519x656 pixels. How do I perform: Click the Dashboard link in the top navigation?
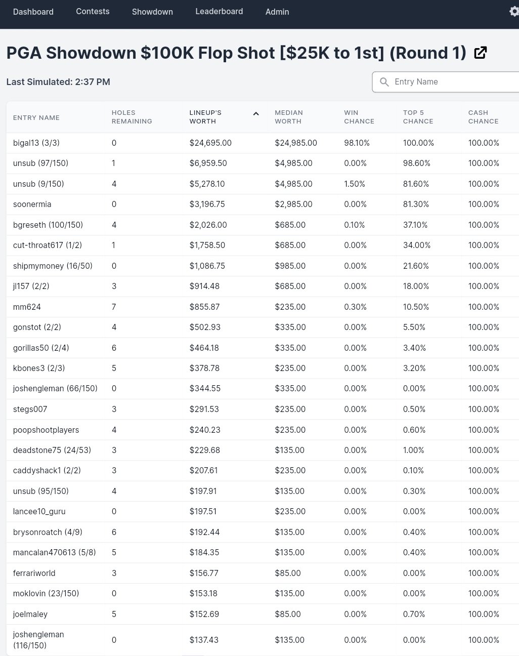tap(33, 12)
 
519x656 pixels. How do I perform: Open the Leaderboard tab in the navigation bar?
tap(219, 11)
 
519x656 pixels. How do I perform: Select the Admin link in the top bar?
tap(277, 12)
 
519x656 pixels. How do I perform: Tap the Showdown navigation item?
tap(152, 12)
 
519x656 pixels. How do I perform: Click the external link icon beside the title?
tap(480, 53)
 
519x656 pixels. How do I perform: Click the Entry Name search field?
tap(450, 82)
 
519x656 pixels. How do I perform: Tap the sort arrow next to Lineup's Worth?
tap(256, 114)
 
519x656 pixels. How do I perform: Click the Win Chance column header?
tap(359, 117)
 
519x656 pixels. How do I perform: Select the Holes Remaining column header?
tap(132, 117)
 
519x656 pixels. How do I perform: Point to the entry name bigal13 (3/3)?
tap(36, 143)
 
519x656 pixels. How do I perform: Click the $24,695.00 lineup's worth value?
tap(210, 143)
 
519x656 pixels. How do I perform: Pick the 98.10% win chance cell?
tap(357, 143)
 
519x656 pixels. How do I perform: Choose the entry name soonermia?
tap(32, 204)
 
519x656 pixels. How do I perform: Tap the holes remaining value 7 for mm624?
tap(114, 307)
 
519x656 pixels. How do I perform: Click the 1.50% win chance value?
tap(355, 184)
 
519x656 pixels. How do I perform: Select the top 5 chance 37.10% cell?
tap(415, 225)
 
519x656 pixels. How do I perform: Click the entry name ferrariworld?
tap(34, 573)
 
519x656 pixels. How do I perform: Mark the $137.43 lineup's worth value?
tap(204, 640)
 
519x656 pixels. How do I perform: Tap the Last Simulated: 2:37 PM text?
tap(58, 82)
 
